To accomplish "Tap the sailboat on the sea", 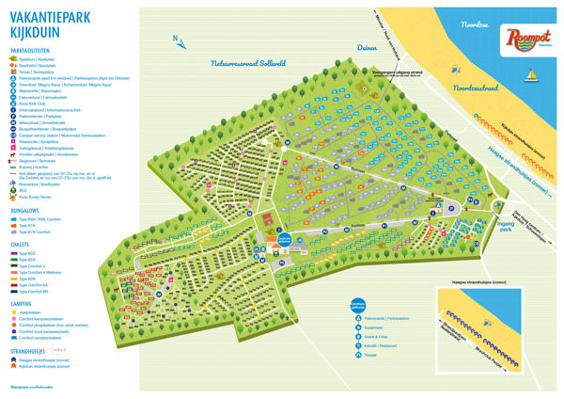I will pyautogui.click(x=531, y=74).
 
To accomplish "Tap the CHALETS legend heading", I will pyautogui.click(x=22, y=244).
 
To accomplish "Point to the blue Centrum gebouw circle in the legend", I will pyautogui.click(x=357, y=304).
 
